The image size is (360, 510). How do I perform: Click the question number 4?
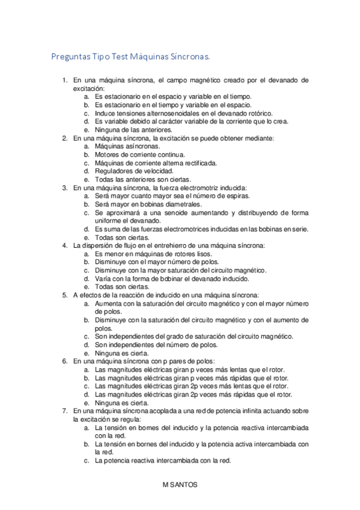65,245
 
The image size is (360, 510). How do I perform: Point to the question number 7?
65,410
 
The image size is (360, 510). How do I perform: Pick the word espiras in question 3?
233,196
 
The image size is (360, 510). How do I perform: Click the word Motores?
108,155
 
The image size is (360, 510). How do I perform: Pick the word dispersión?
97,245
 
